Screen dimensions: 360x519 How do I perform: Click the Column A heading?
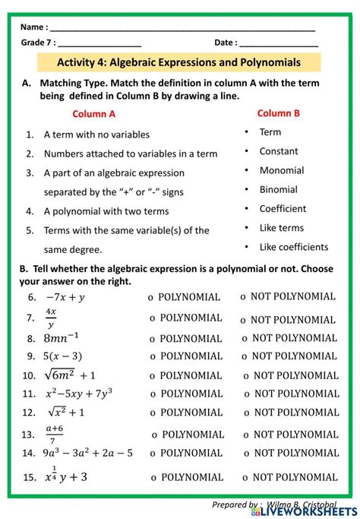click(94, 114)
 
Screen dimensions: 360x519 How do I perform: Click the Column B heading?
click(279, 113)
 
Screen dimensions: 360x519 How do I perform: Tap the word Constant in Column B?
click(279, 151)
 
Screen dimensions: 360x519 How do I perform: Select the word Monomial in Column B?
click(281, 170)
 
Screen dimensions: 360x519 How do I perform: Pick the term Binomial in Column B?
click(278, 189)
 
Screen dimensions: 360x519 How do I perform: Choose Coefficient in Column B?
click(283, 208)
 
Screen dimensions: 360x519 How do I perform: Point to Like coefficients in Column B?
click(293, 246)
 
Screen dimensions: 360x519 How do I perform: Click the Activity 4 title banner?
click(179, 62)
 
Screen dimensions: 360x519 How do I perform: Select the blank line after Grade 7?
click(99, 43)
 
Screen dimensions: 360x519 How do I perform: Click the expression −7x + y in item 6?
click(65, 297)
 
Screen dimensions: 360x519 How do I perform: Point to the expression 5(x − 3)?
click(64, 356)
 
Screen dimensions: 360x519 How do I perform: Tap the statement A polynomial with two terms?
click(106, 211)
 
